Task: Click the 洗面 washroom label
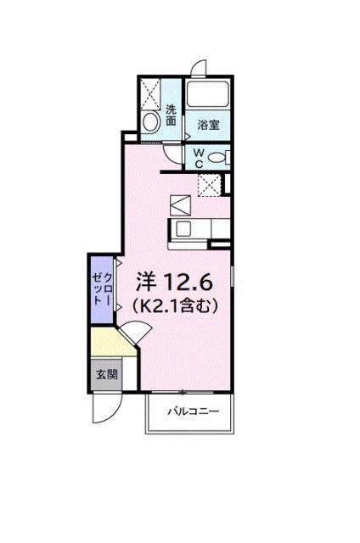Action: [172, 115]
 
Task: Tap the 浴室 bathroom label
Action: [208, 125]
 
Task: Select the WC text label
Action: [197, 157]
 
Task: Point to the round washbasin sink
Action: [152, 122]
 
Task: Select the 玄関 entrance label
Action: [104, 374]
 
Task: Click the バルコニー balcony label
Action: [192, 411]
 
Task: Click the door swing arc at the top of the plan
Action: [198, 68]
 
